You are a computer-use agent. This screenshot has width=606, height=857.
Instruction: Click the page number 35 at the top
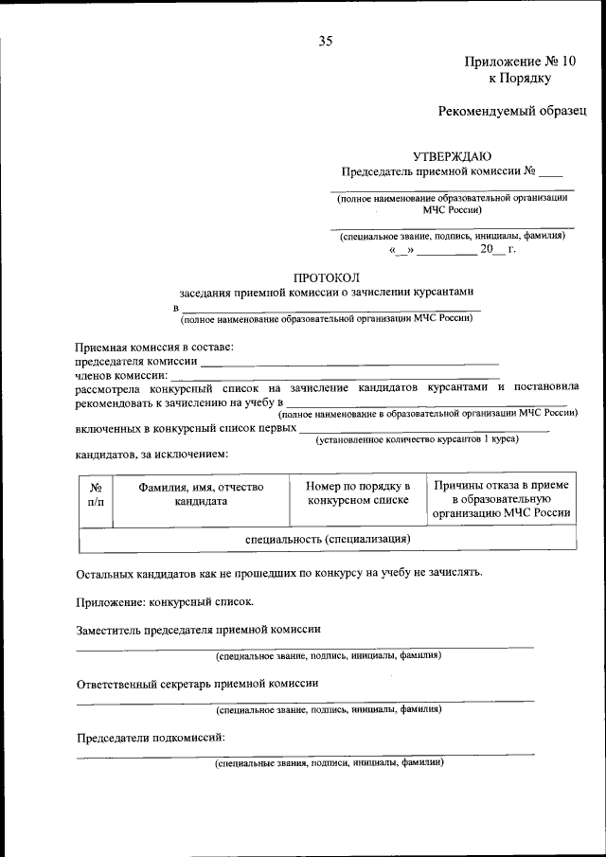pyautogui.click(x=326, y=40)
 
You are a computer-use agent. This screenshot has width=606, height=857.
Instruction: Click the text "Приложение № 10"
pyautogui.click(x=520, y=62)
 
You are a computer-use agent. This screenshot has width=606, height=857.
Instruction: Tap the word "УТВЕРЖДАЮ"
pyautogui.click(x=452, y=155)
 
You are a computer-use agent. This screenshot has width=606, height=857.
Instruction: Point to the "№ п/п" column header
pyautogui.click(x=96, y=493)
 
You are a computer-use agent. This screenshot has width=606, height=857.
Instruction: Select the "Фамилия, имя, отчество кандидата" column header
pyautogui.click(x=201, y=493)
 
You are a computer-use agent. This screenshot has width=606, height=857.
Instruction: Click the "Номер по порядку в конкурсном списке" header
pyautogui.click(x=357, y=493)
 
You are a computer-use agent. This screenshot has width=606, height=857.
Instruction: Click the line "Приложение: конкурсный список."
pyautogui.click(x=164, y=600)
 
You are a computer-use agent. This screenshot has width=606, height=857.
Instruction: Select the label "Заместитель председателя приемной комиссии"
pyautogui.click(x=198, y=629)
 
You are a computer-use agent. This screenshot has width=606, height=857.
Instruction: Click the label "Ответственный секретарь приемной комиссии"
pyautogui.click(x=197, y=682)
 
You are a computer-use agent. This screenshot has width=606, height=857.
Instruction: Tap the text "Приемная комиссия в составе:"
pyautogui.click(x=154, y=348)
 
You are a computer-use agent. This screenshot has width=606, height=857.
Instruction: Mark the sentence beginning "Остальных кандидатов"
pyautogui.click(x=279, y=572)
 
